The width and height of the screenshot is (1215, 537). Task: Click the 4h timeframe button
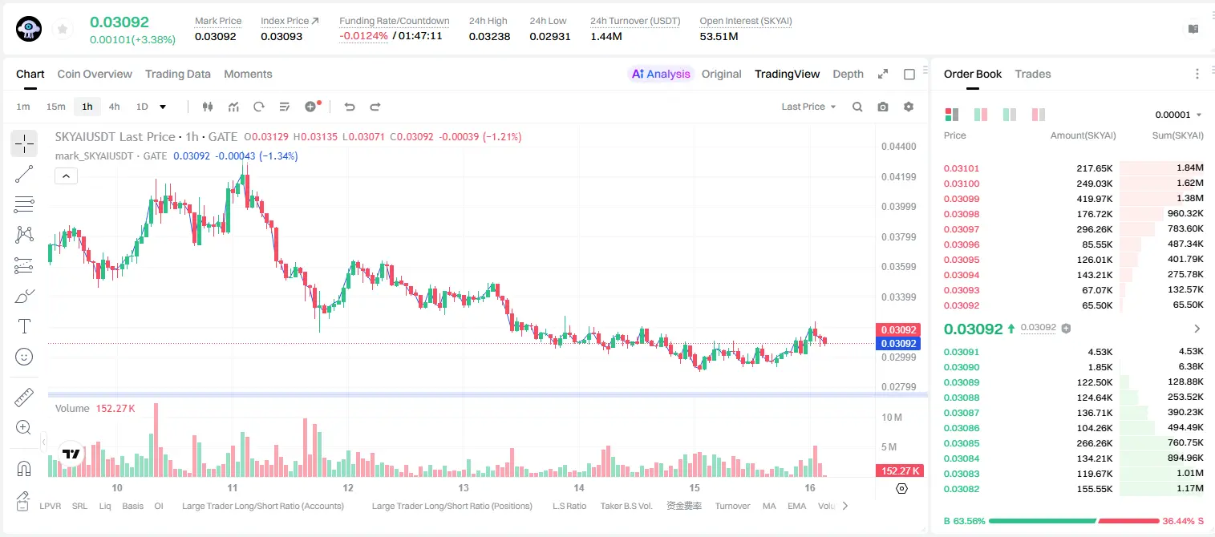[x=114, y=107]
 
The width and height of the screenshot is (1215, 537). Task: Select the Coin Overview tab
[x=95, y=75]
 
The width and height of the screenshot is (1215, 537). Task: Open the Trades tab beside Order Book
[x=1033, y=75]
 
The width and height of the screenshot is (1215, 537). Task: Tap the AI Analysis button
[x=661, y=75]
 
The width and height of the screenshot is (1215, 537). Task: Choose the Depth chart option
[x=848, y=75]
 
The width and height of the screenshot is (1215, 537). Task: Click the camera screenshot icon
[x=883, y=107]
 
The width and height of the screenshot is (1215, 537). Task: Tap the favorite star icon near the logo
[x=63, y=30]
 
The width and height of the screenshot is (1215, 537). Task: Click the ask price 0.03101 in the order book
[x=961, y=168]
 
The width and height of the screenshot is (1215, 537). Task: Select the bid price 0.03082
[x=961, y=489]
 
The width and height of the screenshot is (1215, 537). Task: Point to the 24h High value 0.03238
[x=489, y=36]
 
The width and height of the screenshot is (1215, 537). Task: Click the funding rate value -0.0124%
[x=363, y=36]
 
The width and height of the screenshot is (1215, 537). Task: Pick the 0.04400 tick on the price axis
[x=898, y=147]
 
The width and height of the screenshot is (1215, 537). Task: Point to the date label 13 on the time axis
[x=464, y=487]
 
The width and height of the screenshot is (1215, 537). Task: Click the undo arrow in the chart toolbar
[x=350, y=107]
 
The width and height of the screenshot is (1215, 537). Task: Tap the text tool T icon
[x=24, y=326]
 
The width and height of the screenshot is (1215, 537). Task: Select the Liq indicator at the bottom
[x=105, y=506]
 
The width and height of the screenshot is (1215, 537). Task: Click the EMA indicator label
[x=796, y=506]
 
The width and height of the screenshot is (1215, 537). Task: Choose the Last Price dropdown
[x=808, y=107]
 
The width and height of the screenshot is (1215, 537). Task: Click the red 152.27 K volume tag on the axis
[x=899, y=471]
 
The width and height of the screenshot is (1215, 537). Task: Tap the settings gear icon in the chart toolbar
[x=909, y=107]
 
